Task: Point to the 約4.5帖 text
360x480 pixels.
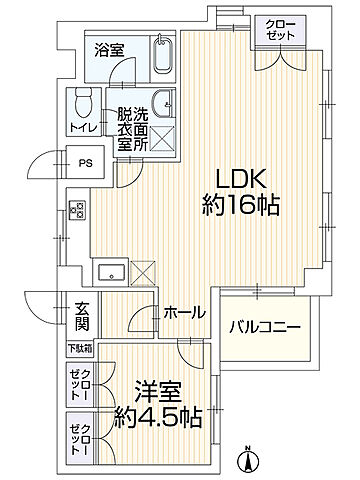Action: pos(152,414)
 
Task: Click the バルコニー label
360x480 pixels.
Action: pos(265,326)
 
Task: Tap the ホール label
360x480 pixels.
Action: pos(185,313)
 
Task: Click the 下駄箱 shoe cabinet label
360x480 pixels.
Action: pos(80,349)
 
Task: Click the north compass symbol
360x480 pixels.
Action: pos(245,461)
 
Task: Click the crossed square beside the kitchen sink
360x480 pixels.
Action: pos(144,271)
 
